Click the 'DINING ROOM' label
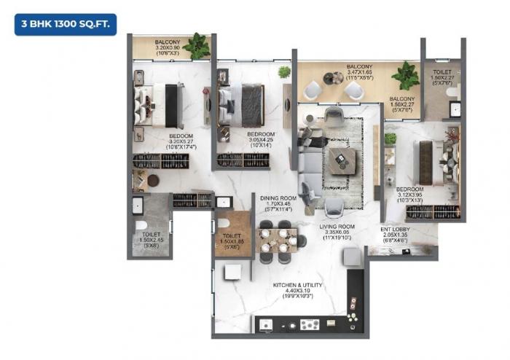coord(277,197)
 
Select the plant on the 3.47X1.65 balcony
coord(403,75)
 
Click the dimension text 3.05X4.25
coord(260,141)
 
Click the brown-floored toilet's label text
coord(232,236)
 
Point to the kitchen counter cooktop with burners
coord(310,325)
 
